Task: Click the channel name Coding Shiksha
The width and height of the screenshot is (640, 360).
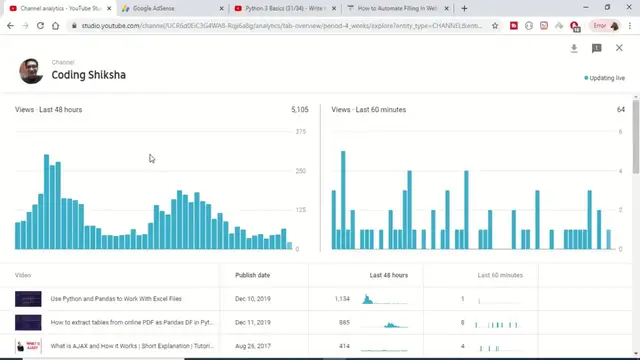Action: [x=88, y=75]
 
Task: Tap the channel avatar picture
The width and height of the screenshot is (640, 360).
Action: [x=32, y=70]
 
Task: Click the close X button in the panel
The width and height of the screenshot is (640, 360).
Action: [x=619, y=47]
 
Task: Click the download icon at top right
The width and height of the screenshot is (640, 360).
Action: [x=575, y=47]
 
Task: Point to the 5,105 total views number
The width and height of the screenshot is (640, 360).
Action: [x=299, y=109]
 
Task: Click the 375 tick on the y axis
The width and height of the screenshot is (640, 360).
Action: [x=300, y=132]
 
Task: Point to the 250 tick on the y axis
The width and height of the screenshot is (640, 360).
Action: [x=300, y=171]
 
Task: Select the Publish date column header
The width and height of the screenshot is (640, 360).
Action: [x=252, y=274]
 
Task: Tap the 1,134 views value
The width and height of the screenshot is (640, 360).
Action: [x=343, y=299]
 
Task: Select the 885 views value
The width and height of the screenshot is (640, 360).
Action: [x=345, y=322]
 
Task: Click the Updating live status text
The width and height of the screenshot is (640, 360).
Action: [x=607, y=77]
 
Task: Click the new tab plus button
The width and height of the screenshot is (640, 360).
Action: [x=464, y=8]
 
